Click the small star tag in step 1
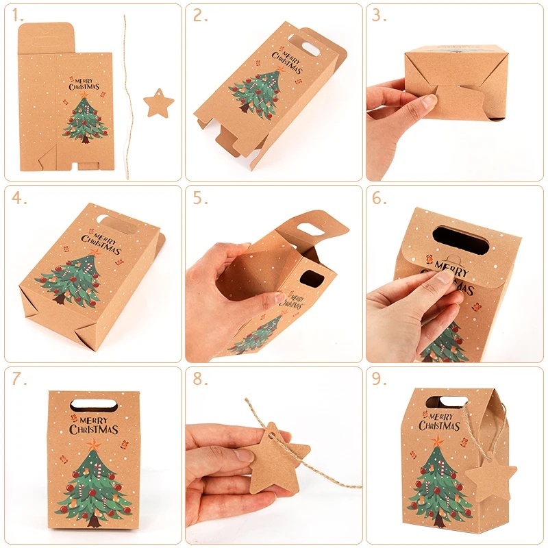(158, 104)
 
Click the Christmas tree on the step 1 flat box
(84, 120)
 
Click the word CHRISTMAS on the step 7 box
(94, 429)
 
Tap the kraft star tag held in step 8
(274, 461)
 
